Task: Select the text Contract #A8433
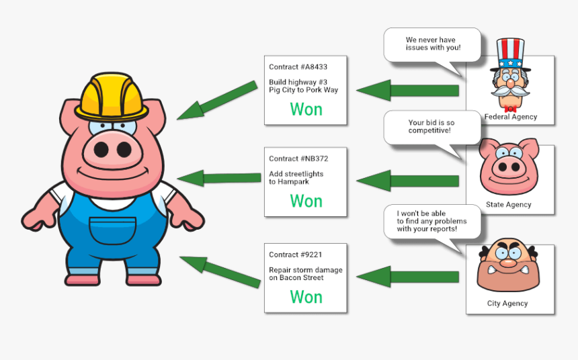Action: tap(298, 67)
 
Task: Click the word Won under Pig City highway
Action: tap(306, 109)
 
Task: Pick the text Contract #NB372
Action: tap(298, 159)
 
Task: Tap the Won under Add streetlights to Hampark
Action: tap(306, 201)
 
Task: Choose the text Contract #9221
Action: tap(295, 255)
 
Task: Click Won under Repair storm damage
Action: tap(306, 297)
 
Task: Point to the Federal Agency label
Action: tap(510, 117)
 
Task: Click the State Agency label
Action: tap(508, 205)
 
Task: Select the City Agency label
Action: tap(507, 304)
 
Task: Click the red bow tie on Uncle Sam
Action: tap(509, 107)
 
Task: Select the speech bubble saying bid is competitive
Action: tap(432, 127)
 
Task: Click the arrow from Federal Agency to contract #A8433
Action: tap(407, 91)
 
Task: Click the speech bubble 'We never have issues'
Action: tap(432, 44)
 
